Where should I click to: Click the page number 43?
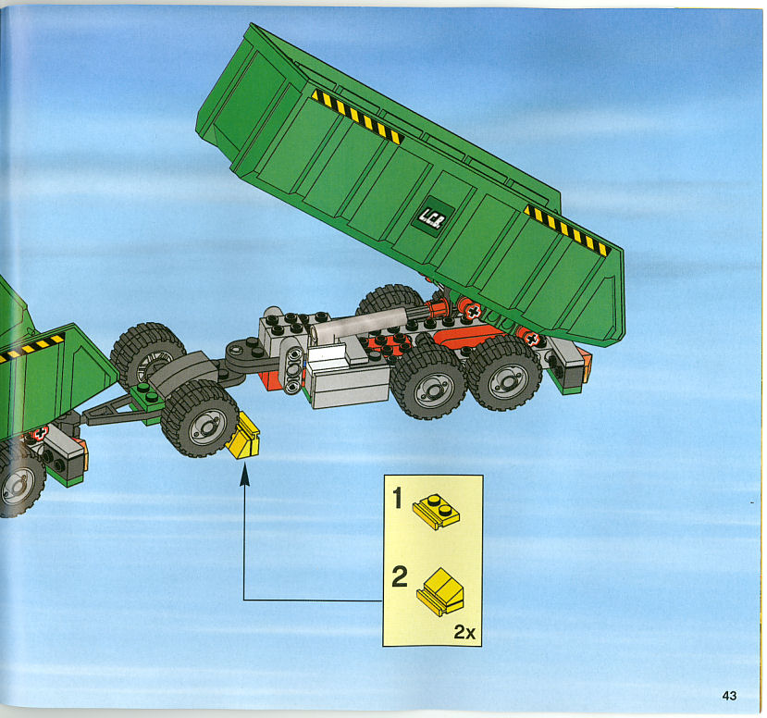[729, 695]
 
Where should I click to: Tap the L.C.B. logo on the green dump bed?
[432, 217]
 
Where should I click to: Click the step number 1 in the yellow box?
[397, 498]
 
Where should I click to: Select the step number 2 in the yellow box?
[399, 576]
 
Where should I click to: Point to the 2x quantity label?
[464, 631]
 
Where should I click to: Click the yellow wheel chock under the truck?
[243, 435]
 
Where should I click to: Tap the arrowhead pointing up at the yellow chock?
[244, 475]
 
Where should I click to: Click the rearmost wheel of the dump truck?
[504, 373]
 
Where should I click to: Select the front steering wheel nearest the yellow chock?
[200, 418]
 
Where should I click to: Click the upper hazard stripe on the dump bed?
[356, 117]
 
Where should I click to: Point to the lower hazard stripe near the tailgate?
[566, 229]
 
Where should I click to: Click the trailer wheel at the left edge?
[19, 479]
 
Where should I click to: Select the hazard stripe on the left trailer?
[31, 347]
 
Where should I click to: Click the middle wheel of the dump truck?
[428, 382]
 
